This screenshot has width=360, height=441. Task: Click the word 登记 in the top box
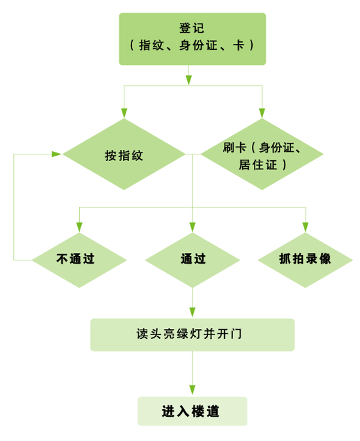[192, 28]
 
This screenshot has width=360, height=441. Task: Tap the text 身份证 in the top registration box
[198, 45]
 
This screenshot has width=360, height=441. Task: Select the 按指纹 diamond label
[124, 155]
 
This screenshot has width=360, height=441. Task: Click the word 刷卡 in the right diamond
[234, 147]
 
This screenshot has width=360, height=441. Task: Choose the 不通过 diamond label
[75, 258]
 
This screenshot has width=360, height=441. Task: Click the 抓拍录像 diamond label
[305, 258]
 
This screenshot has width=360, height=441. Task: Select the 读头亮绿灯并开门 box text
[189, 334]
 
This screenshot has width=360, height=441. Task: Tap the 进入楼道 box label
[190, 411]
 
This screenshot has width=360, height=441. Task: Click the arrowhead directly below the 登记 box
[189, 80]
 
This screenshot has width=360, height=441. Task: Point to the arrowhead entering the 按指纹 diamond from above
[124, 113]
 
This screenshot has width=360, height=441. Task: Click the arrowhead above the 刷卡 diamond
[262, 113]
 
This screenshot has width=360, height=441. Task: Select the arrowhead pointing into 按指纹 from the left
[56, 154]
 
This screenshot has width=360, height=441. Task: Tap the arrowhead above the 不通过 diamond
[79, 227]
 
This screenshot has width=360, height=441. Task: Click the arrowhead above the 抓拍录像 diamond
[306, 227]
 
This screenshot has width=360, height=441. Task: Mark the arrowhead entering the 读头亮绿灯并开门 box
[192, 312]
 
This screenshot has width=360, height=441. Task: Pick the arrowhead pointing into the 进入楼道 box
[192, 390]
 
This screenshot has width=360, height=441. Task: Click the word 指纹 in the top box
[151, 45]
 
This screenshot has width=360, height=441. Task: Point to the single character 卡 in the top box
[238, 45]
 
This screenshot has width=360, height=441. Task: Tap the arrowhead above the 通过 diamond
[192, 227]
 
